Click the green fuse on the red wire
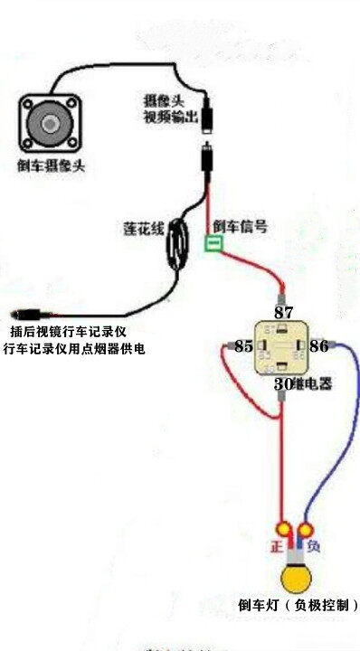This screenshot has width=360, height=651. tap(214, 244)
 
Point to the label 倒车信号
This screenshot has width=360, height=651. tap(240, 227)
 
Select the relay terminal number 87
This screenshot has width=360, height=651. tap(284, 313)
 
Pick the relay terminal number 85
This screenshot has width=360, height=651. tap(243, 346)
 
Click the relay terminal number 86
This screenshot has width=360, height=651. tap(318, 346)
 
